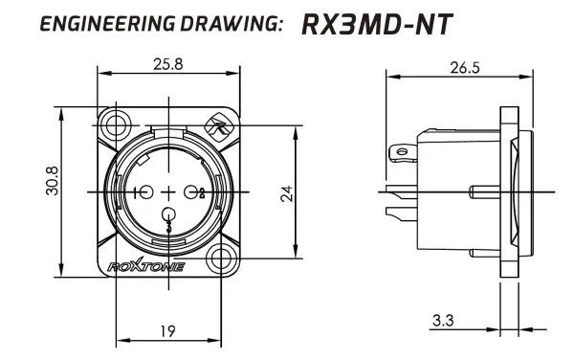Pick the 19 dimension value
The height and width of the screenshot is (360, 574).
[167, 331]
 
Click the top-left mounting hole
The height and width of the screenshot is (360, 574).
[117, 124]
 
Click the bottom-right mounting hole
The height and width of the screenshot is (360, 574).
[222, 258]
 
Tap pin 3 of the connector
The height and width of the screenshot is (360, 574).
[169, 215]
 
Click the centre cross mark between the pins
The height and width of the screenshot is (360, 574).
[169, 191]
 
